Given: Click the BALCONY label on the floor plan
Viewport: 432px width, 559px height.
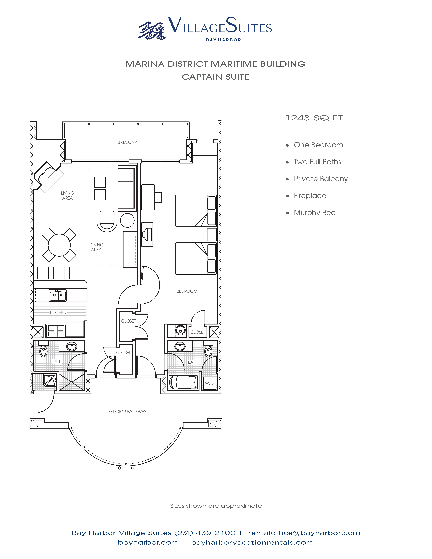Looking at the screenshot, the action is tap(127, 142).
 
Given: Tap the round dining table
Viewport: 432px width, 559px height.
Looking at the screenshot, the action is tap(59, 245).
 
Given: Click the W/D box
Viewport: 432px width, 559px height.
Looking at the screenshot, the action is tap(209, 383).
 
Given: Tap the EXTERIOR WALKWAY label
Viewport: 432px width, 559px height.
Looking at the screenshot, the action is tap(127, 412).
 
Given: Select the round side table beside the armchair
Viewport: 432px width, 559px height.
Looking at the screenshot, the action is tap(127, 220).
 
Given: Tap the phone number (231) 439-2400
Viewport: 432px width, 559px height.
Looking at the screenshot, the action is tap(205, 533).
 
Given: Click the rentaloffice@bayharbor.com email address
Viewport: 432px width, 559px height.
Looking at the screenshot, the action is tap(304, 533).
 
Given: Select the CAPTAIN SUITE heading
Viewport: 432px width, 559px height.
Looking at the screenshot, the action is tap(215, 77).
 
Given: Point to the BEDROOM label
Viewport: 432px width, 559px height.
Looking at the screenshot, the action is tap(187, 291).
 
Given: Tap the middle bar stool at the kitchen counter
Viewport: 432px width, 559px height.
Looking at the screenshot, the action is tap(59, 273).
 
